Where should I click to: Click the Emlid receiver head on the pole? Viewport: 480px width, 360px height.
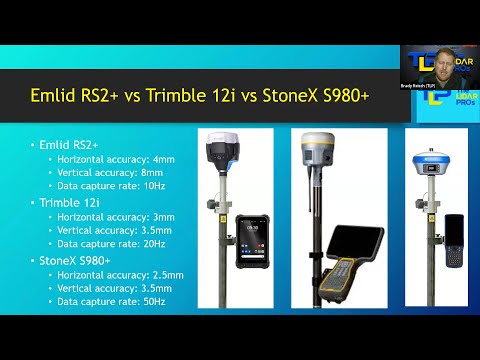[221, 151]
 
